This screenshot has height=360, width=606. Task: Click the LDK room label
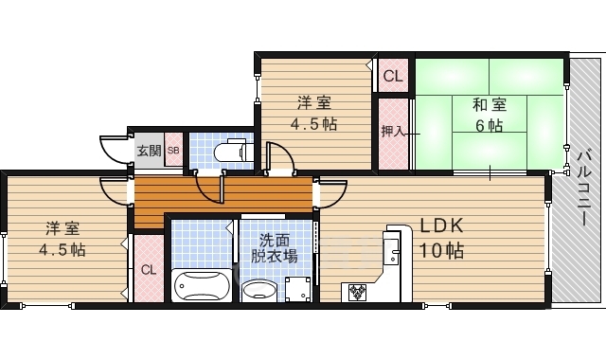coord(441,225)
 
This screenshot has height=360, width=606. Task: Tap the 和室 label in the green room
coord(490,105)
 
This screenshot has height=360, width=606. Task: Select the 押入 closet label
coord(393,132)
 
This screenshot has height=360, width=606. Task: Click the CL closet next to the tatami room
coord(393,76)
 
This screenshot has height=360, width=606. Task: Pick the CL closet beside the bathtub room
coord(149,269)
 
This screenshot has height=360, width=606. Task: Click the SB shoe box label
coord(173,151)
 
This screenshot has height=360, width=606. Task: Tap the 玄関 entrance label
coord(150,150)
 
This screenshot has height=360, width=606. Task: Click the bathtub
coord(202,286)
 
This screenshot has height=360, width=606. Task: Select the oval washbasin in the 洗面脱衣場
coord(259,291)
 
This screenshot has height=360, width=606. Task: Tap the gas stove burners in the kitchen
coord(357,292)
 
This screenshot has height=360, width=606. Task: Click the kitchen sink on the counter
coord(391,251)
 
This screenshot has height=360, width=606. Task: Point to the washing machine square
coord(297,289)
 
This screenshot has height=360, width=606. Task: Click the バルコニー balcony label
coord(584,189)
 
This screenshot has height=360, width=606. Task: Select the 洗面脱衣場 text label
coord(275,248)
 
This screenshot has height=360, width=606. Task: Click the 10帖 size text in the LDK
coord(441,250)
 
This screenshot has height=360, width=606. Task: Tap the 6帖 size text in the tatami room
coord(490,126)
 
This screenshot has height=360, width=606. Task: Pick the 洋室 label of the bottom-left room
coord(62,228)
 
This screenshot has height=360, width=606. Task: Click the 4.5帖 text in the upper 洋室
coord(313,124)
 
